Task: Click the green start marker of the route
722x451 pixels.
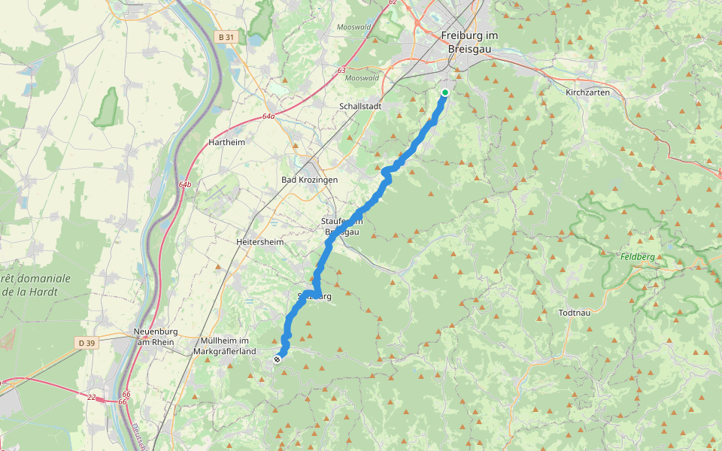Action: (x=444, y=93)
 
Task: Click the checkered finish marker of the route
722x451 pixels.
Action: (x=278, y=359)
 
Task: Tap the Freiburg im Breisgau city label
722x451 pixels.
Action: (x=470, y=42)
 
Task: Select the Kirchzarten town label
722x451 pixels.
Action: (x=587, y=92)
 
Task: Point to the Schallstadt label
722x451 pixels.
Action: (x=361, y=107)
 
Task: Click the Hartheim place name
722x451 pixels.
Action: (x=226, y=142)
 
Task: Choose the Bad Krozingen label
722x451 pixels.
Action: (x=309, y=180)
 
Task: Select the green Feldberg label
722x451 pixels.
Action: (x=638, y=257)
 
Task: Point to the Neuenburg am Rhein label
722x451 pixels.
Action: (x=153, y=337)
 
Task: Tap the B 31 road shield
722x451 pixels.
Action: (x=225, y=36)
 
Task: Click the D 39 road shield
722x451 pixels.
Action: (x=87, y=343)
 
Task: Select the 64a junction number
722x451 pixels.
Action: (x=268, y=117)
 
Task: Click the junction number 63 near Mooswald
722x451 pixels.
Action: (x=341, y=70)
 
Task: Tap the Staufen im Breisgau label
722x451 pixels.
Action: (x=343, y=226)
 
